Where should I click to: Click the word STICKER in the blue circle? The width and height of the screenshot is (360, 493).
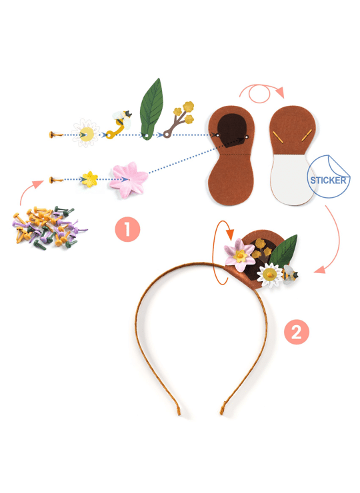click(328, 180)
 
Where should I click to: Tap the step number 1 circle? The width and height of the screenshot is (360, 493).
click(127, 229)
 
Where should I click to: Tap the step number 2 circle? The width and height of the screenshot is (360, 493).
click(297, 332)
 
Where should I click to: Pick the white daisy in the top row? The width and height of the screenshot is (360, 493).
click(85, 133)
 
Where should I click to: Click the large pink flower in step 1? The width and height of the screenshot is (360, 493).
click(129, 180)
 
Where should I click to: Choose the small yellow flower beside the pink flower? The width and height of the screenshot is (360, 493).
click(90, 179)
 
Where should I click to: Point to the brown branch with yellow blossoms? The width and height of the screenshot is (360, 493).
click(178, 119)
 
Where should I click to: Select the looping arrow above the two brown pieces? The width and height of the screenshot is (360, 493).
click(261, 93)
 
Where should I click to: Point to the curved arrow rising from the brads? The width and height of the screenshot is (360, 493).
click(30, 191)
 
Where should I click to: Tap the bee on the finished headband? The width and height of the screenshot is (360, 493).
click(290, 274)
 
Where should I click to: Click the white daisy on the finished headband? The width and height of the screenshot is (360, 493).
click(270, 275)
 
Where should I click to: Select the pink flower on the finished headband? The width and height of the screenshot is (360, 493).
click(240, 255)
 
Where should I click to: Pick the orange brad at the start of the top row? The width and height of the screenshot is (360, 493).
click(56, 135)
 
